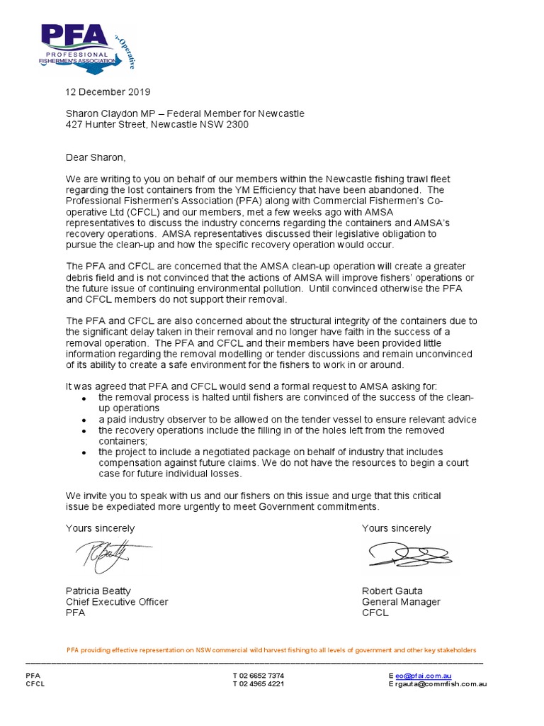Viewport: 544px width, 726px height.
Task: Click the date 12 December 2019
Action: coord(108,92)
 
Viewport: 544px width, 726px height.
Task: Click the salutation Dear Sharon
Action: coord(95,157)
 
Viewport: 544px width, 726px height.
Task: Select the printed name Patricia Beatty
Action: coord(98,591)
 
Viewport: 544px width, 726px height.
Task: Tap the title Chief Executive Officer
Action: coord(117,602)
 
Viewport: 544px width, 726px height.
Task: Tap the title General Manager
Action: coord(401,602)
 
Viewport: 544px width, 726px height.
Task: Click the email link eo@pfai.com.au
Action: coord(424,676)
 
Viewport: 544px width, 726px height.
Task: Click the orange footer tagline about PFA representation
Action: coord(271,650)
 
